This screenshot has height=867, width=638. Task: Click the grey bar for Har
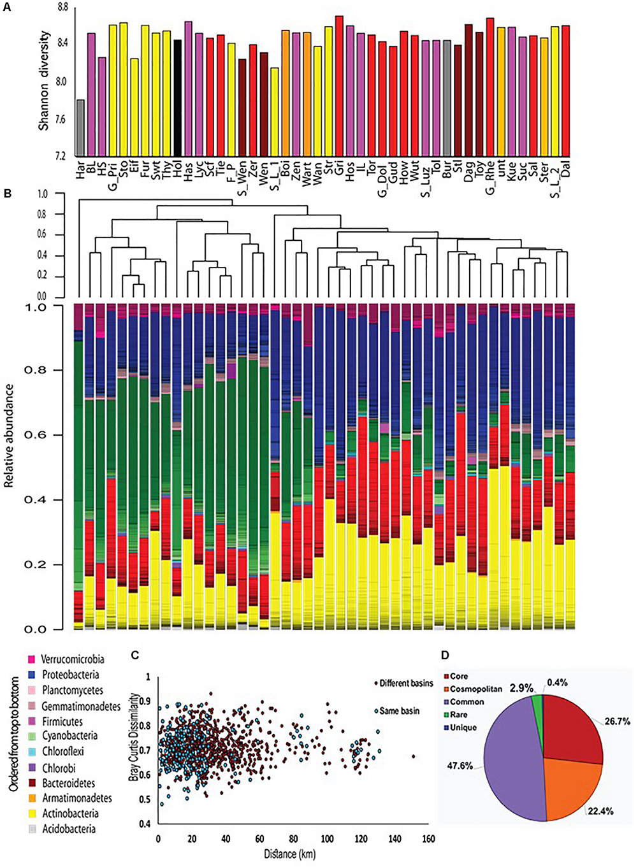coord(80,128)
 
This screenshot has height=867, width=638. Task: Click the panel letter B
coord(6,190)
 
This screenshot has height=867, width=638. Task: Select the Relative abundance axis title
coord(10,440)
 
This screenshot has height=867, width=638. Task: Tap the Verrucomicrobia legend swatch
coord(31,659)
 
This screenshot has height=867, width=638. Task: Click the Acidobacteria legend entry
coord(68,829)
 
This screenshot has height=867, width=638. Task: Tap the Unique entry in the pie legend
coord(464,727)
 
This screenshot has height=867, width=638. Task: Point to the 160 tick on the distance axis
coord(428,839)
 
